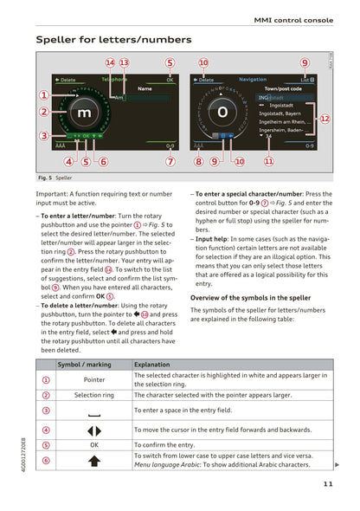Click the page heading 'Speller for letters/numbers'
(113, 40)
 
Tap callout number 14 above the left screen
(110, 62)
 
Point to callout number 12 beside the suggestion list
(324, 118)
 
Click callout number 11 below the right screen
(268, 161)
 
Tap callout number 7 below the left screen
(170, 161)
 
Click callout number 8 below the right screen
(198, 161)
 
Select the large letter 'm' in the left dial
(84, 113)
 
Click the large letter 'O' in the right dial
(222, 113)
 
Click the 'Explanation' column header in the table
(151, 365)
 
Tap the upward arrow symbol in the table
(93, 461)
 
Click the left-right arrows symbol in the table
(93, 430)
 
